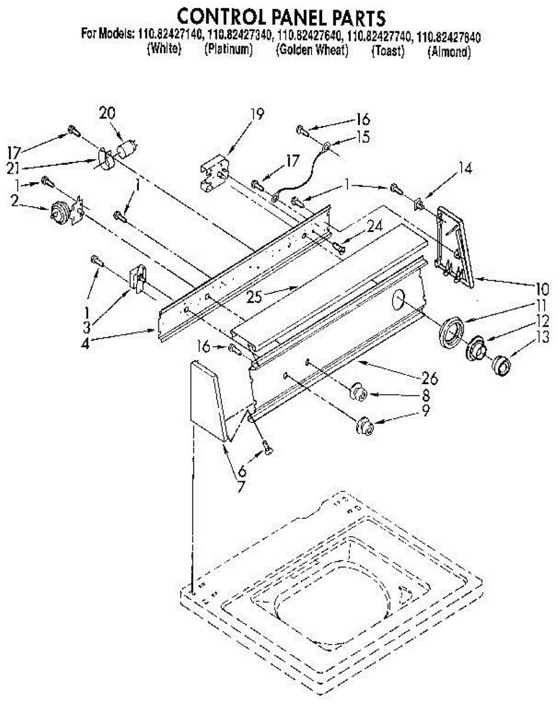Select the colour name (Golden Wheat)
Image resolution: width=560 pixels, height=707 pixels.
click(x=312, y=51)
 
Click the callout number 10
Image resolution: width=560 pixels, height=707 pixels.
click(x=542, y=289)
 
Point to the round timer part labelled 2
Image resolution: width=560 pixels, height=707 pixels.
click(x=60, y=210)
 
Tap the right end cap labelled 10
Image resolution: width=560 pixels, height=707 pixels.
click(x=455, y=247)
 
